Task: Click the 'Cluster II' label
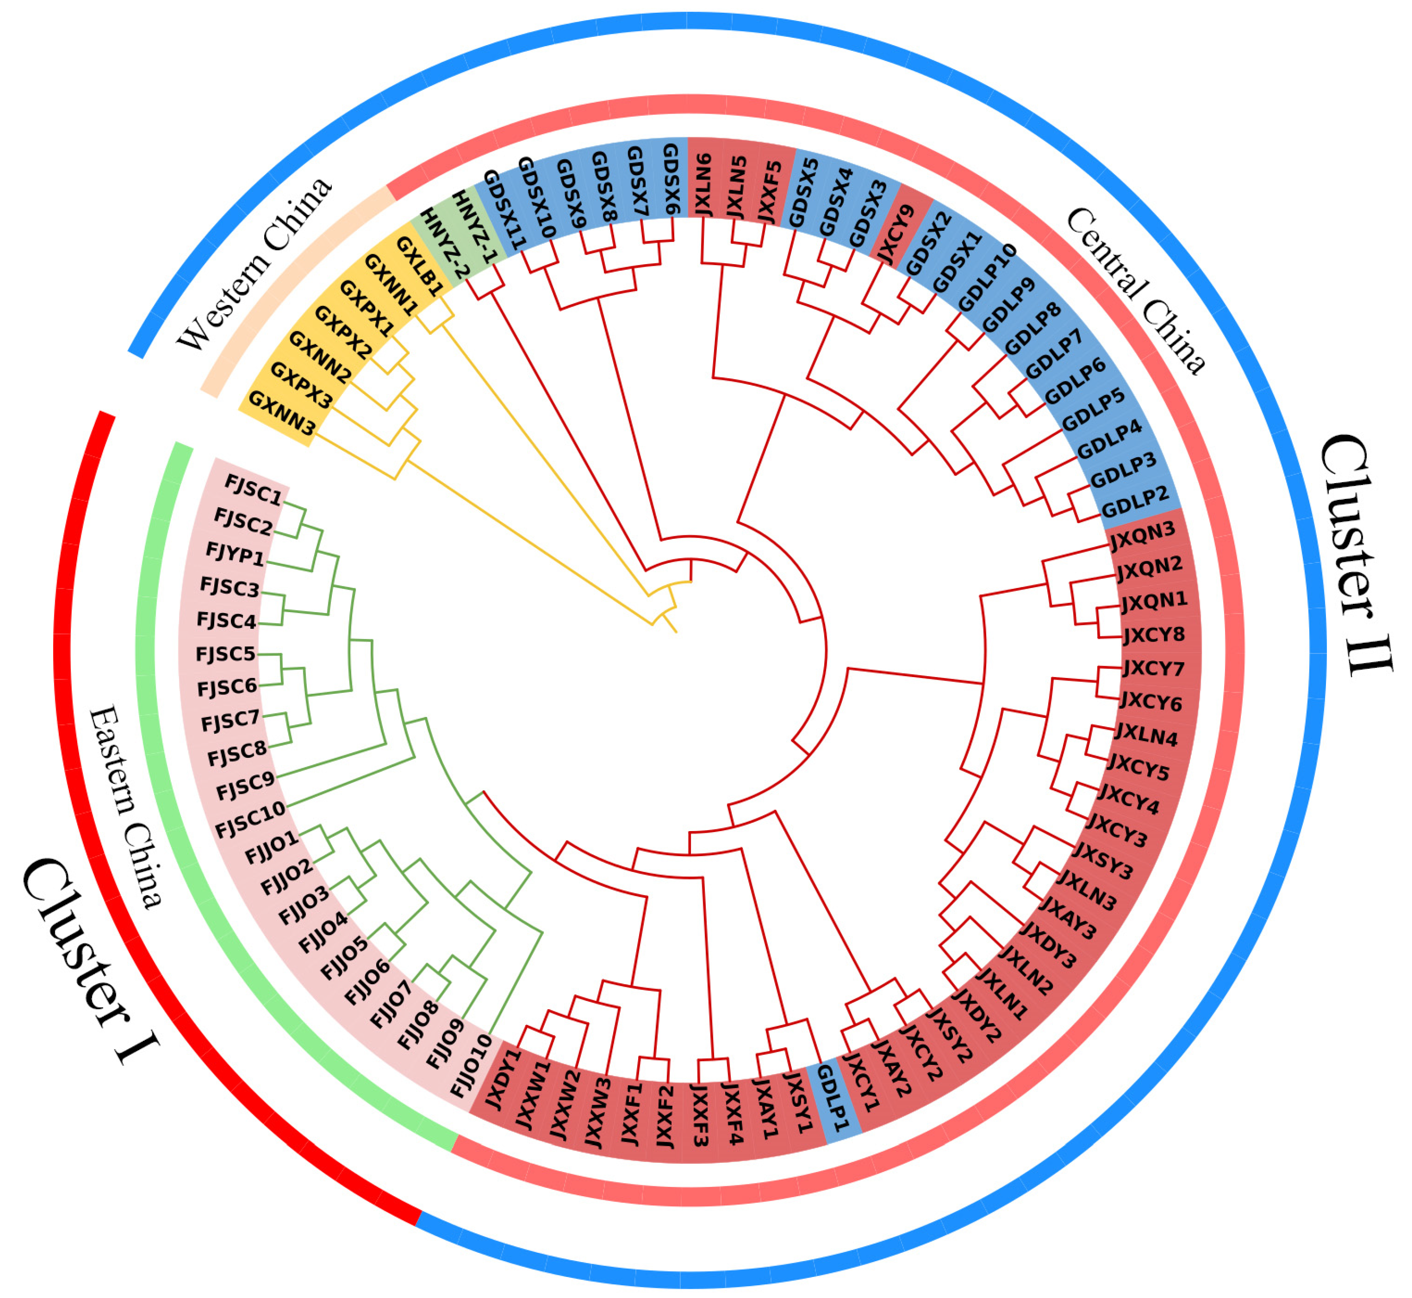tap(1356, 555)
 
